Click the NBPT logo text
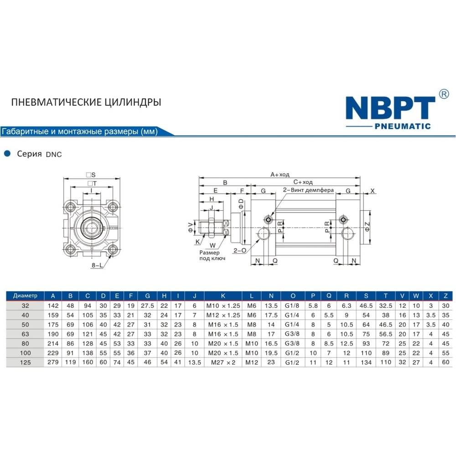390,108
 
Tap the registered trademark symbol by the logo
444,94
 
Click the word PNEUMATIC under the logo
403,126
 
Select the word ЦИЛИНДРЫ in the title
133,102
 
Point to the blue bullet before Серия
7,154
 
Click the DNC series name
54,155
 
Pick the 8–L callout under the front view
97,265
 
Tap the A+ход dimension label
280,175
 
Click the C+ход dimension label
303,182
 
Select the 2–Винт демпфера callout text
308,190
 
